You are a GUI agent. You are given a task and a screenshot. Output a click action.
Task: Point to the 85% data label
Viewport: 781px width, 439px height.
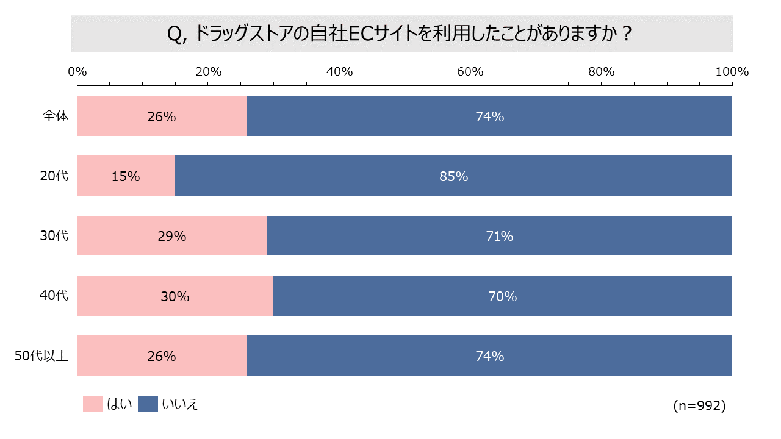[453, 177]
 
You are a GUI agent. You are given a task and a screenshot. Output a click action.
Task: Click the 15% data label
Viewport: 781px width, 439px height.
[126, 177]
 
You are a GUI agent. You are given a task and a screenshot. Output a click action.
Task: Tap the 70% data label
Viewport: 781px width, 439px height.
[502, 296]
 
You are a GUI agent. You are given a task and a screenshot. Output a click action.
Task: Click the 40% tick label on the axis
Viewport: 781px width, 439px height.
[340, 71]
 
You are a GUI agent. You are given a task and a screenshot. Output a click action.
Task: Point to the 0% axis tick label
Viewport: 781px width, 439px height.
[77, 71]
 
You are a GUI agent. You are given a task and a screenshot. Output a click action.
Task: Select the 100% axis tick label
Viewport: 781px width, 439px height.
[732, 71]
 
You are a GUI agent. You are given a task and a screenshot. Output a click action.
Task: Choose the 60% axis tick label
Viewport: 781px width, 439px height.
[470, 71]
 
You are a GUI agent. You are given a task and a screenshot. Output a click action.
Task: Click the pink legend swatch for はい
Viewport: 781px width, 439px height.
[93, 404]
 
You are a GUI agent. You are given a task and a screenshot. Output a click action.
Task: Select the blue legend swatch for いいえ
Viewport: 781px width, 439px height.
[148, 404]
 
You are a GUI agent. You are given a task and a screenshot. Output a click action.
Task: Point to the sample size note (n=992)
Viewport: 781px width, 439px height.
[699, 405]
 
